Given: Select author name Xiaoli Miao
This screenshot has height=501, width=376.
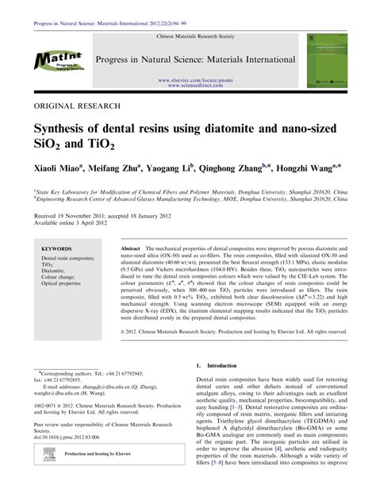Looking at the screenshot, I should coord(57,171).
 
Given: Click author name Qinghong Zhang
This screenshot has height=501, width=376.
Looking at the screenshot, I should coord(233,171).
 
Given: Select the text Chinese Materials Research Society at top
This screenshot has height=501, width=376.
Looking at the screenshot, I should coord(189,37).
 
